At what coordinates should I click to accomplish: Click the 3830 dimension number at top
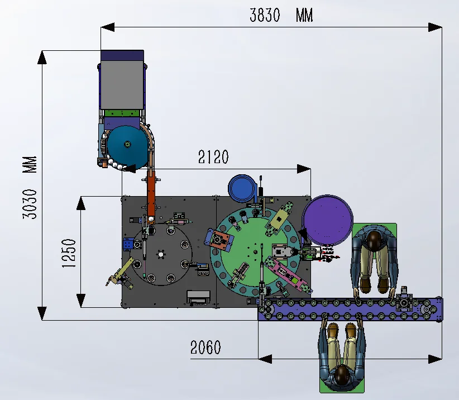(x=264, y=16)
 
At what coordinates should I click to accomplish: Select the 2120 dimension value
(x=213, y=158)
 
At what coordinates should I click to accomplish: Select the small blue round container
(x=241, y=188)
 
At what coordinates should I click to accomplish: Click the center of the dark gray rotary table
(x=161, y=255)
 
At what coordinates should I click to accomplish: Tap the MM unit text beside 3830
(x=304, y=16)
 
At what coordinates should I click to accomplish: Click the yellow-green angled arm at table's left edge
(x=119, y=275)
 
